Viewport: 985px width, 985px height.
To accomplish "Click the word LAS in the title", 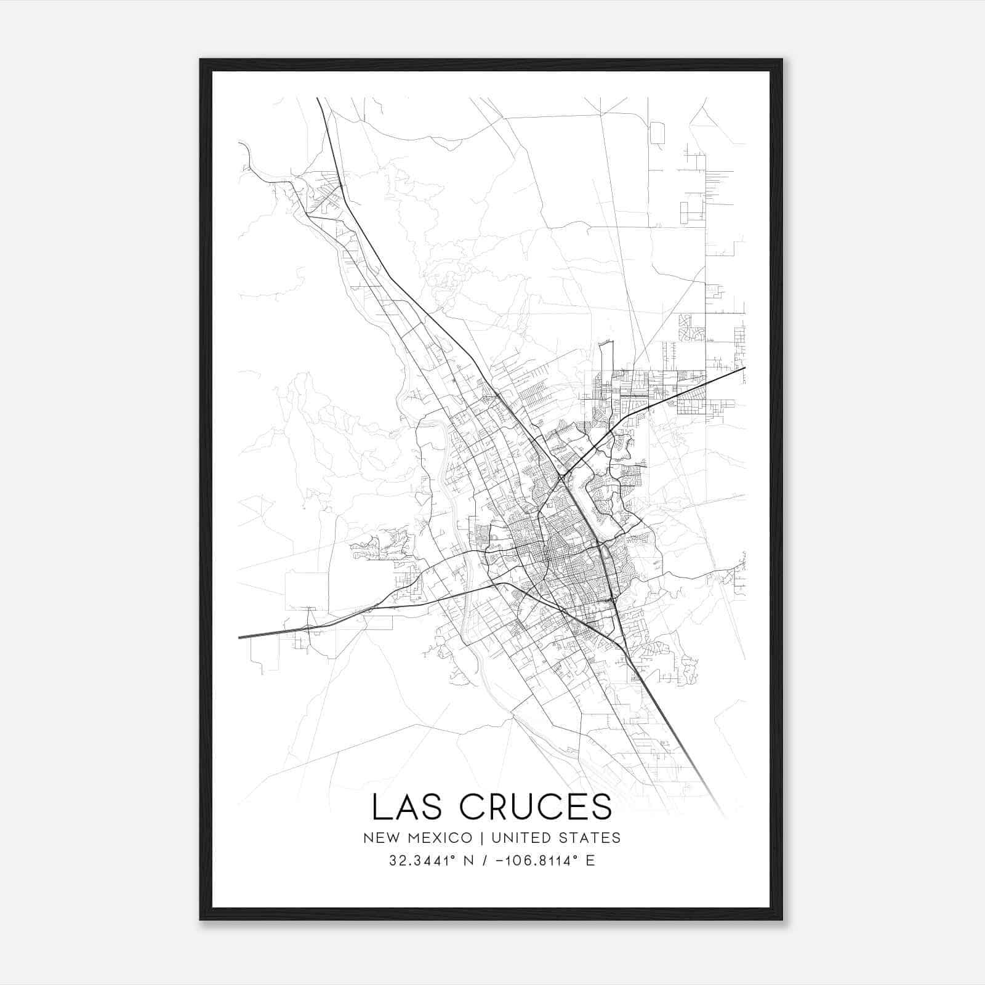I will point(409,807).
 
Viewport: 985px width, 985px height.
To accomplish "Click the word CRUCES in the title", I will point(536,807).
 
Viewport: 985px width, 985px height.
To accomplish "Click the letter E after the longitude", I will point(590,861).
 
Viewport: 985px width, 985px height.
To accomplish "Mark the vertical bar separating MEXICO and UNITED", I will point(478,838).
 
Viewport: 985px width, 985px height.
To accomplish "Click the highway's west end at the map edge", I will point(239,637).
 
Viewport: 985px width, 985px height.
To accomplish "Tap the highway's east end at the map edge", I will point(744,368).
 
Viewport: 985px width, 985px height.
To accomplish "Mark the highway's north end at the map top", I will point(318,98).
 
